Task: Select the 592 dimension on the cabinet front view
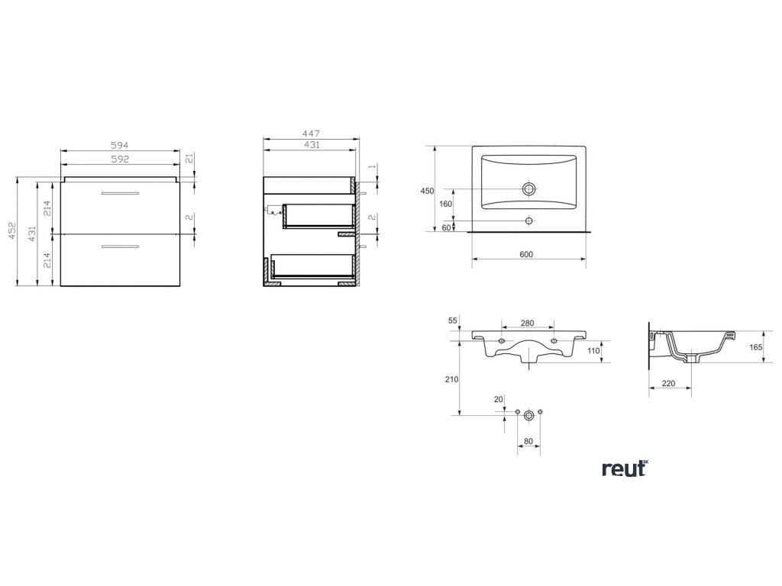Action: pos(118,159)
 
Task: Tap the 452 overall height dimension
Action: pos(11,233)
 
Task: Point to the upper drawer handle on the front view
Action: pos(119,194)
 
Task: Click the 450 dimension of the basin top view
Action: pos(427,191)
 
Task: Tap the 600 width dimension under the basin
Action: pos(525,253)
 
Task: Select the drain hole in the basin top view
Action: pos(528,188)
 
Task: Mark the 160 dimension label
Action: pos(446,204)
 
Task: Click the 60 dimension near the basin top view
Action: pos(446,227)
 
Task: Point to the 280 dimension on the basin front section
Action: pos(527,324)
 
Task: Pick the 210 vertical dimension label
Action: pos(451,379)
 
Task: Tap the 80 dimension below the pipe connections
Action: pos(528,440)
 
